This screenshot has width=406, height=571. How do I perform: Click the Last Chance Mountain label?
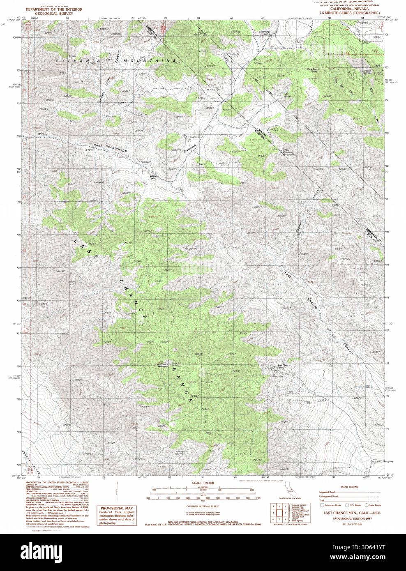163,365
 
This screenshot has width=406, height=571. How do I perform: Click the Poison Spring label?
367,71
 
